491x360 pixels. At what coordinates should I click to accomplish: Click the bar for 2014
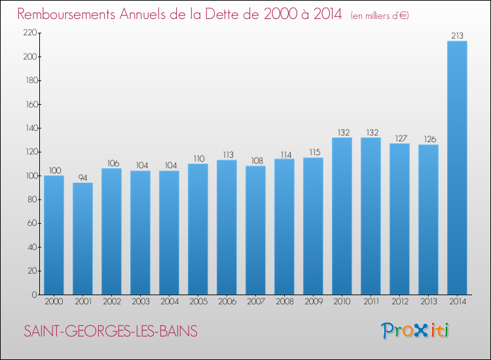coord(457,168)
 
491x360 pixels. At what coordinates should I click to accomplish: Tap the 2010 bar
coord(342,216)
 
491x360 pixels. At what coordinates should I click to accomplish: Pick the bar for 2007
coord(255,230)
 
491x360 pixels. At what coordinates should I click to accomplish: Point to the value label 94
coord(82,177)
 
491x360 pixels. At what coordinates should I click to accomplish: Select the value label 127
coord(399,138)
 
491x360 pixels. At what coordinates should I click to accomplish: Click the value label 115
coord(313,153)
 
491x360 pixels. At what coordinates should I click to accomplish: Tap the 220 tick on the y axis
coord(29,33)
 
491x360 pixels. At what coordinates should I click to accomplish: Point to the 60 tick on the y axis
coord(31,223)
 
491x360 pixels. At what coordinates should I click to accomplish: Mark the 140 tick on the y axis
coord(29,128)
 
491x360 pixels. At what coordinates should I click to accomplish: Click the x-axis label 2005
coord(198,302)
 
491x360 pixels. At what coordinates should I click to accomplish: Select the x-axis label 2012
coord(399,302)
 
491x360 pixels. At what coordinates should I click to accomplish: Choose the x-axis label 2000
coord(54,302)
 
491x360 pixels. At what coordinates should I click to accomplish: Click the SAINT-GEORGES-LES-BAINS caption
coord(110,331)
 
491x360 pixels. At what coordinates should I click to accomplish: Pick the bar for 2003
coord(140,232)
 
